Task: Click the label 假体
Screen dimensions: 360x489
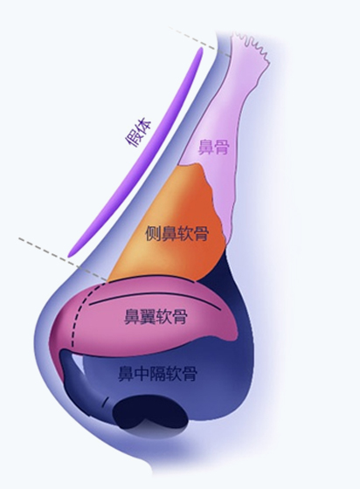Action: point(138,134)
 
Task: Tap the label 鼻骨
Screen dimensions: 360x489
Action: point(214,148)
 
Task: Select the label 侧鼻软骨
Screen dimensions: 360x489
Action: point(177,233)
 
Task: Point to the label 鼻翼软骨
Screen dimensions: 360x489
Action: point(156,316)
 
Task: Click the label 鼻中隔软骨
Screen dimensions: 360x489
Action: point(157,373)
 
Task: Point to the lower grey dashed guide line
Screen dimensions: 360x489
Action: point(62,258)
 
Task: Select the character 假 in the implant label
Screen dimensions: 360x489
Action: point(133,140)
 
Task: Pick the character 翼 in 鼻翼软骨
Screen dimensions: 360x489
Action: point(148,316)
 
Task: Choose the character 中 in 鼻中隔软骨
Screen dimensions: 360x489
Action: point(142,373)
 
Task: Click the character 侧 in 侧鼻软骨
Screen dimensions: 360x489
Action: point(153,233)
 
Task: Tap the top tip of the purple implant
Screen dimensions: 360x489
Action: point(201,48)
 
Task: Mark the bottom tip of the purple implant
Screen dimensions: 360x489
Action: point(70,256)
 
